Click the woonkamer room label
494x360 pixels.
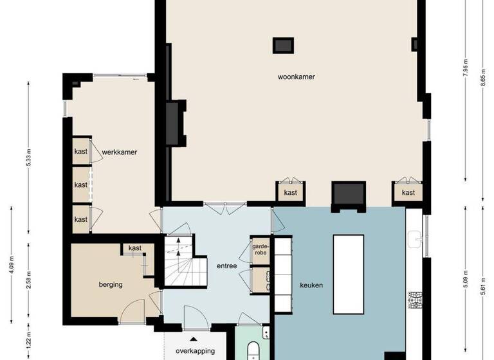pos(296,76)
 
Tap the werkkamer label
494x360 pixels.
pos(120,152)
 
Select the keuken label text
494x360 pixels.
pos(311,285)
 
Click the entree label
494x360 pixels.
pos(228,265)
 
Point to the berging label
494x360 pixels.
pos(111,284)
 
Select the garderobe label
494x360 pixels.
pos(261,249)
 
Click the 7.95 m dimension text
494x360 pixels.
pos(465,67)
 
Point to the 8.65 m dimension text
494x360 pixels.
pos(482,84)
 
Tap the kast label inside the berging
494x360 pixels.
pos(135,248)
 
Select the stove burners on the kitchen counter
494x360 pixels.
pos(415,300)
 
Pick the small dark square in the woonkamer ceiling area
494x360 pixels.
pos(283,45)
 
